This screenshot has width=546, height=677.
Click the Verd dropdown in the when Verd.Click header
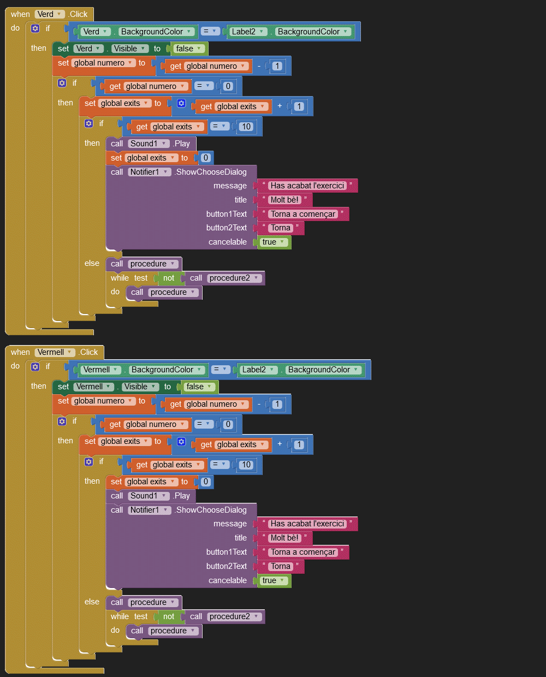click(50, 14)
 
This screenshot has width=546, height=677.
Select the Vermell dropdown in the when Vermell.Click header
click(55, 352)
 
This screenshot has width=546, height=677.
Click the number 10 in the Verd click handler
click(246, 127)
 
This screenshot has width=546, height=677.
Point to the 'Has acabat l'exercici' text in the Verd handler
click(307, 186)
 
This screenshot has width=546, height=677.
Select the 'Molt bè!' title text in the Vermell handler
click(284, 538)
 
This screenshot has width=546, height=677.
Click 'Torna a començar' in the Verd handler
click(303, 214)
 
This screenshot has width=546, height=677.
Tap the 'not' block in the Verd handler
click(169, 278)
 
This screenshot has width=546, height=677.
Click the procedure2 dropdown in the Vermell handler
click(234, 616)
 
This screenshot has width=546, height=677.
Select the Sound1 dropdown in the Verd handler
click(148, 144)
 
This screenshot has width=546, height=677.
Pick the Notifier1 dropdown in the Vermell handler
click(149, 510)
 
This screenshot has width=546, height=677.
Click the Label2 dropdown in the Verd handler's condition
click(248, 32)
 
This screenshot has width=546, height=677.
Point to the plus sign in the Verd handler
click(280, 106)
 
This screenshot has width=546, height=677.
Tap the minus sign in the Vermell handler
click(259, 404)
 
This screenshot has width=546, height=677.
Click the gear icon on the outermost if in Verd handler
click(35, 28)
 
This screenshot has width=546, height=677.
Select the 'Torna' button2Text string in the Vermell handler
click(281, 566)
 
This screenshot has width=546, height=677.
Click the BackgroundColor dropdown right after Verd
click(156, 32)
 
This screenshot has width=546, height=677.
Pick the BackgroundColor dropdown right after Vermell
click(167, 370)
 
